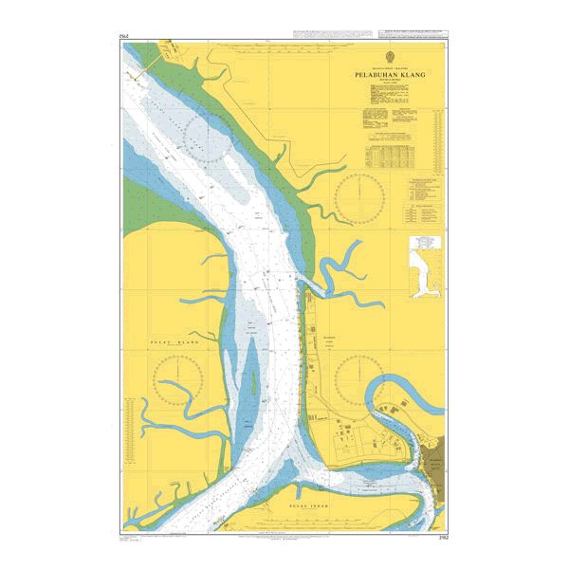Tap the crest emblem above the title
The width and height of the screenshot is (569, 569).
point(392,58)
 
